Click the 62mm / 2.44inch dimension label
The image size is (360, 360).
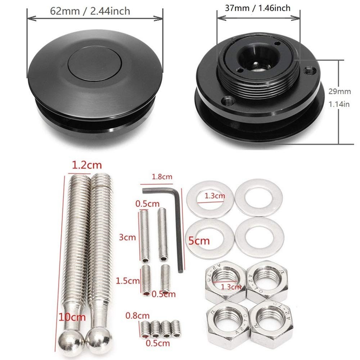[x=90, y=11]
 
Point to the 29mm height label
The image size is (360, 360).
[x=339, y=91]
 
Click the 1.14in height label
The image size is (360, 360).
[x=339, y=104]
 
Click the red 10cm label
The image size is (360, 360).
[x=73, y=317]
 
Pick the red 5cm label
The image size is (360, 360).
[x=199, y=240]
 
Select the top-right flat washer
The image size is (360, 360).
[x=258, y=198]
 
